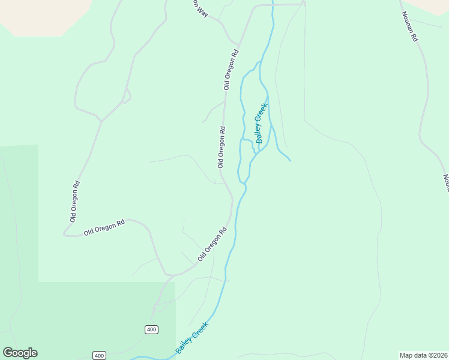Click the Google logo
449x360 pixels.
(20, 353)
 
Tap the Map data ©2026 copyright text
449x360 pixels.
(423, 355)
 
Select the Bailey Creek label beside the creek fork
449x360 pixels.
(261, 123)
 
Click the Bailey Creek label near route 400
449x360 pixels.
(192, 337)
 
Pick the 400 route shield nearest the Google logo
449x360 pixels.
(99, 356)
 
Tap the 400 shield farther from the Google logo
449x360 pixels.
(151, 329)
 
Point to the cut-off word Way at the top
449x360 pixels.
(200, 8)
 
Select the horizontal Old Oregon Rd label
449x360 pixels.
(104, 227)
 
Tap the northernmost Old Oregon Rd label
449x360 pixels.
(231, 69)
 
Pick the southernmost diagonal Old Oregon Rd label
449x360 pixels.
(212, 244)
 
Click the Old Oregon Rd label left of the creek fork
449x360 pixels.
(221, 146)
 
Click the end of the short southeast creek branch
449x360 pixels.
(291, 160)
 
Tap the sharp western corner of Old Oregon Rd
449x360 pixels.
(65, 233)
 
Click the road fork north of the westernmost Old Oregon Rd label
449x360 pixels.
(101, 122)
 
